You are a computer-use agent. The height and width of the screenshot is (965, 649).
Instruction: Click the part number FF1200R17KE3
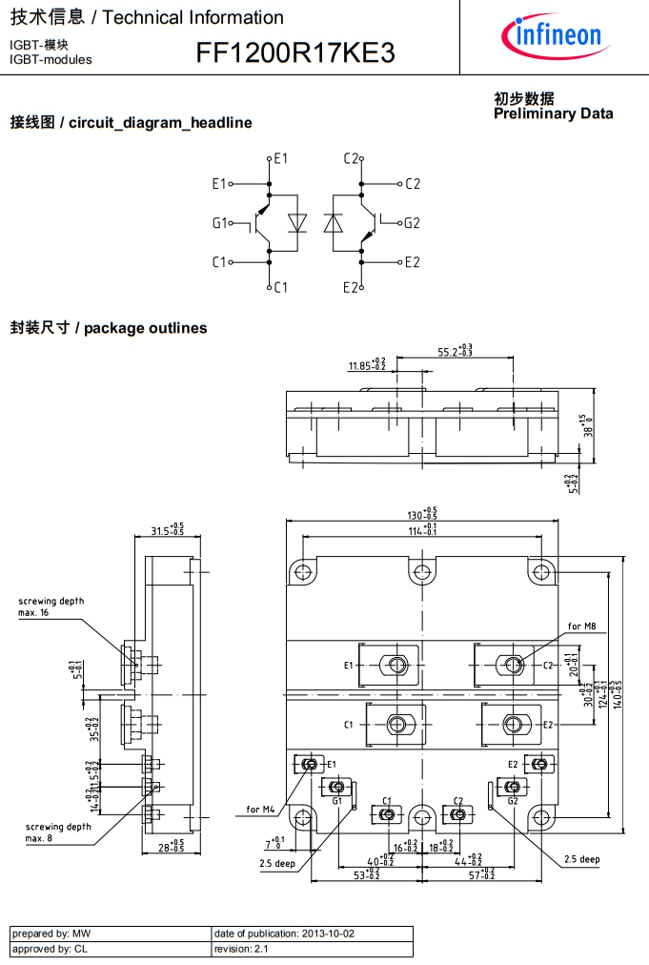[295, 53]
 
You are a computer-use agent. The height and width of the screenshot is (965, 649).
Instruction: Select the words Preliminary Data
[553, 113]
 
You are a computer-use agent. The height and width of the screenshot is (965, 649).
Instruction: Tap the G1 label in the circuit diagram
[220, 223]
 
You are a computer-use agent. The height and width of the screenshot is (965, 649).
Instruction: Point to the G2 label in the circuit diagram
[411, 223]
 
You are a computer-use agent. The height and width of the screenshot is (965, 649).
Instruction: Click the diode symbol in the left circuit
[297, 223]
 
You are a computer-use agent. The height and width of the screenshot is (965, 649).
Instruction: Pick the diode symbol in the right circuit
[333, 223]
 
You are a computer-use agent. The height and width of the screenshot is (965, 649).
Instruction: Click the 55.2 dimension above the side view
[456, 351]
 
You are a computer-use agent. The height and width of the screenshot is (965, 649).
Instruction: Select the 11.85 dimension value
[367, 365]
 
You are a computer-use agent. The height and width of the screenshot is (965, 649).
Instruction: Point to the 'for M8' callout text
[581, 626]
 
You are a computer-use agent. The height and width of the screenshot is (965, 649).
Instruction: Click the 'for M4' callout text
[260, 810]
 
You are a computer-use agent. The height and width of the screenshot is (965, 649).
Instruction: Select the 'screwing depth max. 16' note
[51, 606]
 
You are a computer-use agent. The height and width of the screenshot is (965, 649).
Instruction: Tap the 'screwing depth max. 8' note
[58, 832]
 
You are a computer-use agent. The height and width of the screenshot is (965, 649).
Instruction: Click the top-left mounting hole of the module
[303, 572]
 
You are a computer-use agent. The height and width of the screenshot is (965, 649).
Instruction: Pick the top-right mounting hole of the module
[541, 572]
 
